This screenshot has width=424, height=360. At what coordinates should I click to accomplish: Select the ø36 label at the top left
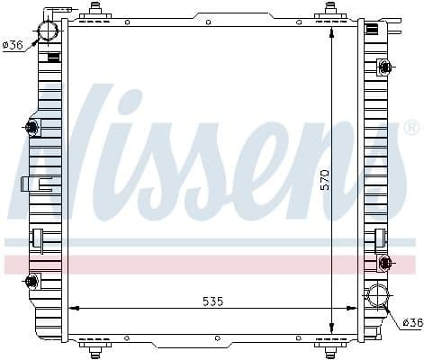13,45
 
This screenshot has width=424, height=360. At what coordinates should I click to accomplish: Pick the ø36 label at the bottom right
411,321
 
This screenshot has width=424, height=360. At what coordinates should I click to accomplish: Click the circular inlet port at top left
47,31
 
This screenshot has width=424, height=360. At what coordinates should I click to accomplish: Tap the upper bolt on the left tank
33,128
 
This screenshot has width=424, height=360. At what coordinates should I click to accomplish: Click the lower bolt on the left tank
33,282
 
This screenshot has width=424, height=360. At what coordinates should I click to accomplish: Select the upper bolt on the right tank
385,66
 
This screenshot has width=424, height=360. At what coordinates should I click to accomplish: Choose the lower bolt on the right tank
385,263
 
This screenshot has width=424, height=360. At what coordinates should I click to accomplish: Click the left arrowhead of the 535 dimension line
72,309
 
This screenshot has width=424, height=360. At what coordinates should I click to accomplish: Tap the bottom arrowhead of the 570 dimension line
332,329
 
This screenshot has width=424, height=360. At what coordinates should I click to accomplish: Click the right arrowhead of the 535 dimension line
355,309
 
